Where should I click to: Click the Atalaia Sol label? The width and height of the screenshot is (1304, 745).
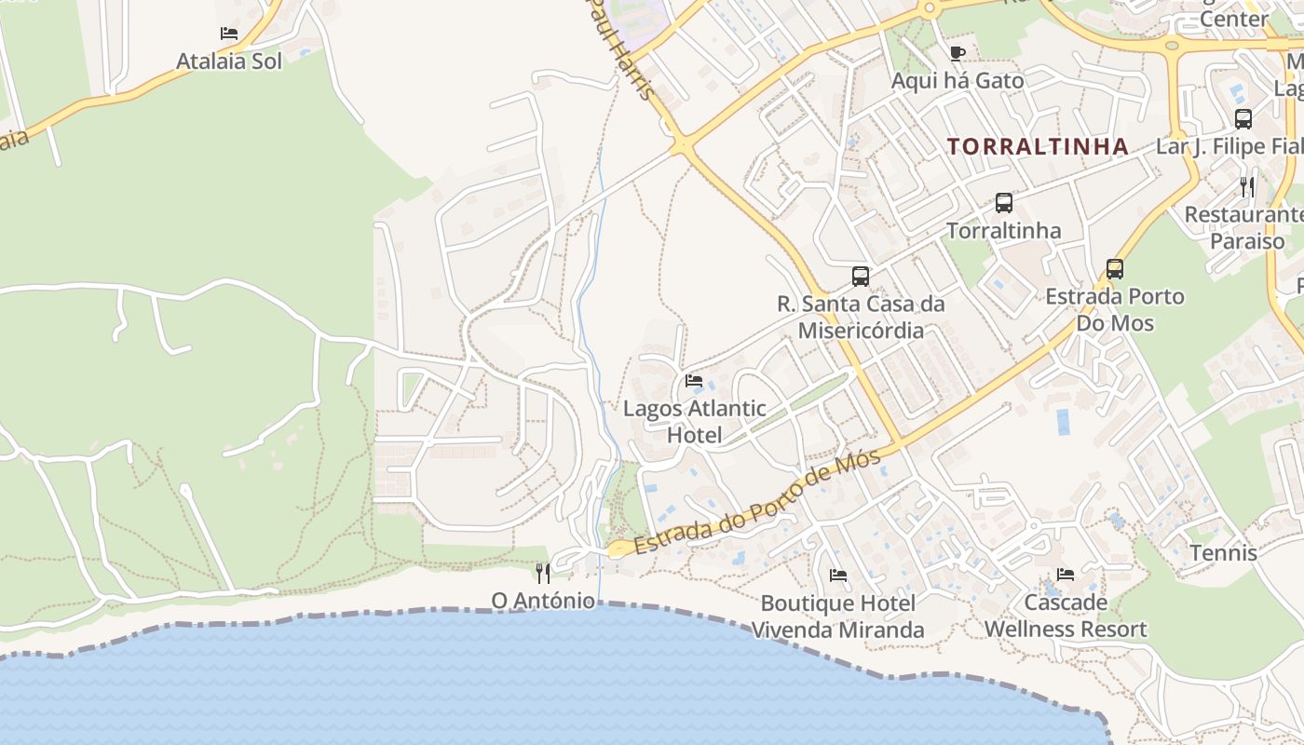229,61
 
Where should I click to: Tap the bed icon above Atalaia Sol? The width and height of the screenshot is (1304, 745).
229,34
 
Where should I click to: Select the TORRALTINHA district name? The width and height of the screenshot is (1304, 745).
1038,146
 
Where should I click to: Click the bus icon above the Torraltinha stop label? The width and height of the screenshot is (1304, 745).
1003,202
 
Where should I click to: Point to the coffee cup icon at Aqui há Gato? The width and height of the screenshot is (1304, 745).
957,53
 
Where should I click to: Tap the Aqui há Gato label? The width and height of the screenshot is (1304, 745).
958,81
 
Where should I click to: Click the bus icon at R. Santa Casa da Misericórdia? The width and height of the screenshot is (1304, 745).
861,276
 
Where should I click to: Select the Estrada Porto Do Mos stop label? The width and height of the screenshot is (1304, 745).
1115,310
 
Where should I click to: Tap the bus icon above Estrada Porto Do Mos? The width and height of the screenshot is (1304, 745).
1115,269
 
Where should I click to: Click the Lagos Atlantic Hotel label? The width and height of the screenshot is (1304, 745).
695,421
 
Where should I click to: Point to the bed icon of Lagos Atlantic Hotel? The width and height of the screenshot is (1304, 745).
694,380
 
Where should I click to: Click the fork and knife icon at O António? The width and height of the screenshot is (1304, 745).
543,573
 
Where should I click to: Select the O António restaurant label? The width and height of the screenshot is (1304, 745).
543,601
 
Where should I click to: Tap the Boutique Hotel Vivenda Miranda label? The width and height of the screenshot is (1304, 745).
837,616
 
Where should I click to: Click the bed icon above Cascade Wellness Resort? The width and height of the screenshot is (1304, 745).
1066,575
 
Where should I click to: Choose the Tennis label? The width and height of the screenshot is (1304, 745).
1223,553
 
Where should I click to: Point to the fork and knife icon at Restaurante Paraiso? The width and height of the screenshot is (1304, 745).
1247,187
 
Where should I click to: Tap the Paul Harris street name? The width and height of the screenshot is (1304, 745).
620,47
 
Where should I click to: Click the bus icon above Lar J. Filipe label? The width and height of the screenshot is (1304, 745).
1243,118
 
